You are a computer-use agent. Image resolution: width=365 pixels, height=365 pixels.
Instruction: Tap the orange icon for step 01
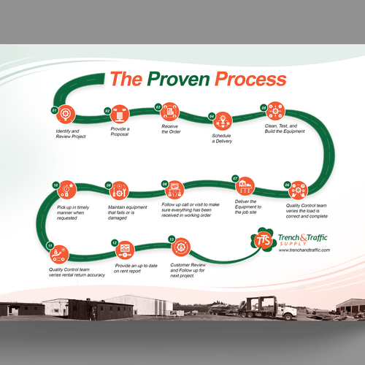coord(66,115)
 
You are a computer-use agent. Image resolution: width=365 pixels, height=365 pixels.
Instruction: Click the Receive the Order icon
coord(171,111)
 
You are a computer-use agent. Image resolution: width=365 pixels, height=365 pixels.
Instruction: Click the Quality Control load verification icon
coord(299,190)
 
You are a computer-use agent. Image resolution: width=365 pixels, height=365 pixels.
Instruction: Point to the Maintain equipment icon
coord(118,191)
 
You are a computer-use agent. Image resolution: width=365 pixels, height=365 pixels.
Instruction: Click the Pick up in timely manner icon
coord(66,191)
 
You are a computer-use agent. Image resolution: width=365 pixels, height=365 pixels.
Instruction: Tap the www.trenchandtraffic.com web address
coord(305,250)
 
